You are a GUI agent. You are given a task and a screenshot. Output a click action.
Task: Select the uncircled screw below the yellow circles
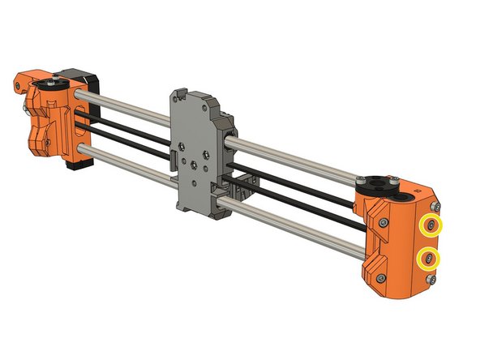coord(431,280)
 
